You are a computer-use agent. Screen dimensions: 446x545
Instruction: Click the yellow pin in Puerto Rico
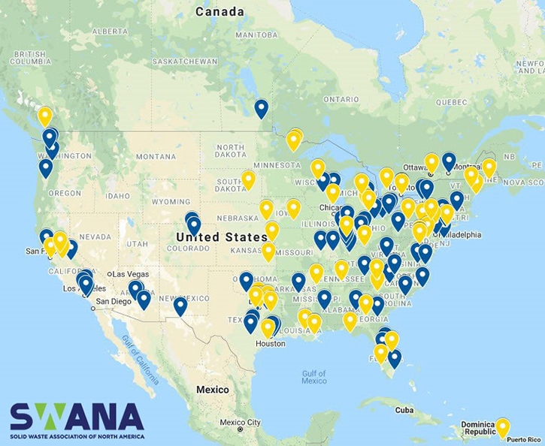502,426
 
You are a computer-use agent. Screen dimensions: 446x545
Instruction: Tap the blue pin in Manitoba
261,107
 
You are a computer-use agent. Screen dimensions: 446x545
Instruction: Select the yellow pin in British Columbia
45,116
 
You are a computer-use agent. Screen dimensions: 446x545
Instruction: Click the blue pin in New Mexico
180,305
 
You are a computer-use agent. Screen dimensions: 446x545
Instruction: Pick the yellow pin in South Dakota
248,179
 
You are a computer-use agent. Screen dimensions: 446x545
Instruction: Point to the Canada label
220,11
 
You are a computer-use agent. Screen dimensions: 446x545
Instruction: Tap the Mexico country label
212,390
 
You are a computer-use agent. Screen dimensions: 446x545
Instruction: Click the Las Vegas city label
129,274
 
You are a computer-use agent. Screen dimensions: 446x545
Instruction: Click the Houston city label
270,344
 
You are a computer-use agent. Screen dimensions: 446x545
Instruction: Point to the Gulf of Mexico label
313,377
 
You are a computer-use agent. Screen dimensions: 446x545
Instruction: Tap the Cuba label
404,410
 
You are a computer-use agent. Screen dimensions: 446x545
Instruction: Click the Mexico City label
240,422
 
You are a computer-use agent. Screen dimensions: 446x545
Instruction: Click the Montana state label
156,156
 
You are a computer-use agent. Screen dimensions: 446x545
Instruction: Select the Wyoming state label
171,201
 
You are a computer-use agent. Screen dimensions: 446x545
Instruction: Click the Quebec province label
451,101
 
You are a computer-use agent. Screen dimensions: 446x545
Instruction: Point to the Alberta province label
111,32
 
